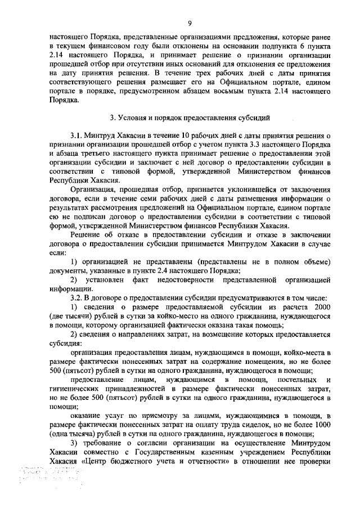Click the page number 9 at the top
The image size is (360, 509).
[x=190, y=22]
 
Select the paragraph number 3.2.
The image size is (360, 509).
[x=76, y=297]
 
